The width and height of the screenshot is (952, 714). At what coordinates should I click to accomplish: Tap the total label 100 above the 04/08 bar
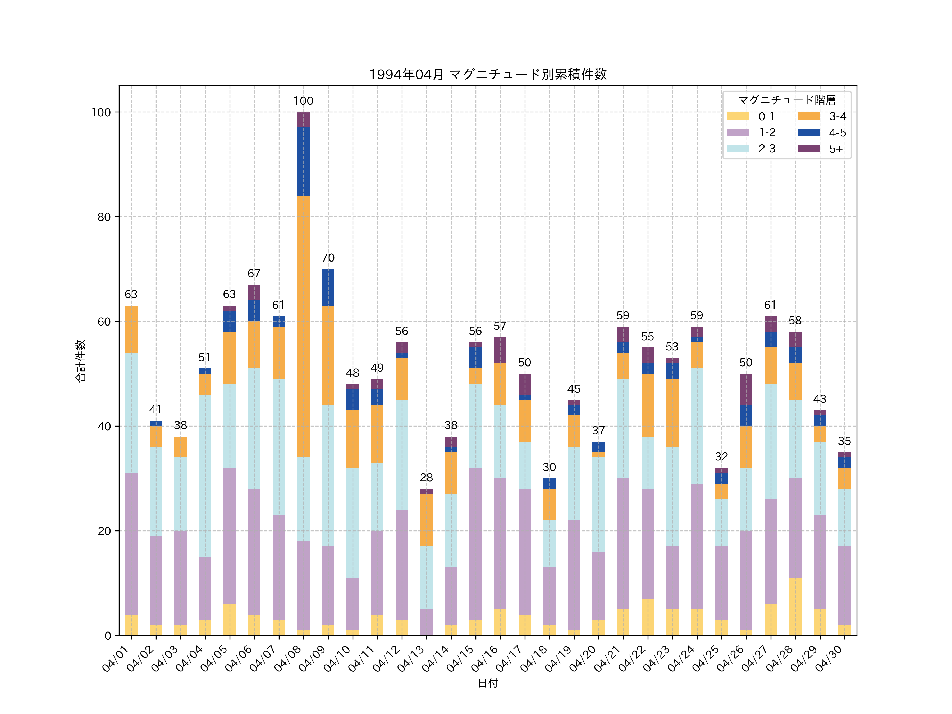pos(303,101)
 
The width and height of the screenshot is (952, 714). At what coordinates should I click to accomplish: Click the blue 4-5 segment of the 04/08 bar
pos(303,161)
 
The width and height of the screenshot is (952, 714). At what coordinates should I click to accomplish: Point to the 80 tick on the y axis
pos(104,217)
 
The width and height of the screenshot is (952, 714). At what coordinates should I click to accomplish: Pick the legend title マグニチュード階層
pos(787,100)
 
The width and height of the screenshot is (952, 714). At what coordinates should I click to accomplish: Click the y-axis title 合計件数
pos(80,361)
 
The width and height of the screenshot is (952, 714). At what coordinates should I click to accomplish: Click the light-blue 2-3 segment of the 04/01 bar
pos(131,413)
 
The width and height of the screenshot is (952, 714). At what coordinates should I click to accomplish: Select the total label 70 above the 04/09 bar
pos(328,258)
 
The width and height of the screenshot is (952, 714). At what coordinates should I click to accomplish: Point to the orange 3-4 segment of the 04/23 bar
pos(672,413)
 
